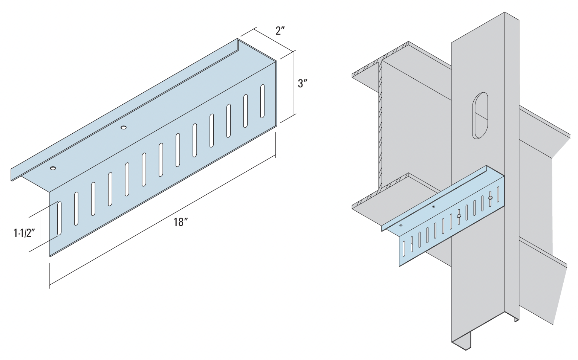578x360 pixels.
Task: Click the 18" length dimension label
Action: pyautogui.click(x=181, y=222)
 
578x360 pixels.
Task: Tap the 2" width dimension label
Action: pyautogui.click(x=280, y=31)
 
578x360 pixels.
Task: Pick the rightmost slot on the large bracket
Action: pyautogui.click(x=262, y=101)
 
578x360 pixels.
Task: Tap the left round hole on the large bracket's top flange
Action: pyautogui.click(x=53, y=168)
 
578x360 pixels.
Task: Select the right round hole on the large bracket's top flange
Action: pyautogui.click(x=123, y=128)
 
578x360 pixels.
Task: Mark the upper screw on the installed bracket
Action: pyautogui.click(x=490, y=197)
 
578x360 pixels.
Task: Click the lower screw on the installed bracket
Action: pyautogui.click(x=459, y=216)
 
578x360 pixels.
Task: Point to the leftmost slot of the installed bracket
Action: pyautogui.click(x=404, y=246)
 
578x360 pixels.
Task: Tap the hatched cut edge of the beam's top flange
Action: pyautogui.click(x=381, y=60)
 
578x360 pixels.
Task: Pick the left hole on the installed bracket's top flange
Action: pyautogui.click(x=401, y=226)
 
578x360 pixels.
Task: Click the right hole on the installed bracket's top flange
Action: pyautogui.click(x=434, y=206)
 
